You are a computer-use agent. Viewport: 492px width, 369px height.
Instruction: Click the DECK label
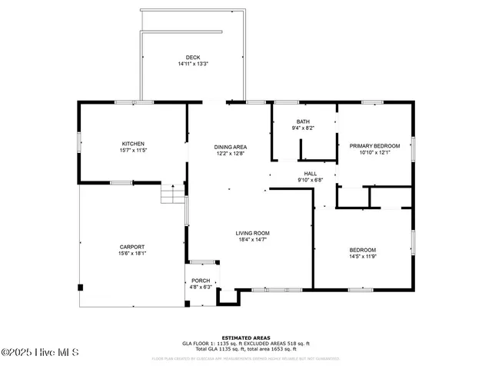193,58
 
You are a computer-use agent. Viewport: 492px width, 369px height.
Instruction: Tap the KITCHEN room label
133,144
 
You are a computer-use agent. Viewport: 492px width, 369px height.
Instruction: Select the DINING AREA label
230,147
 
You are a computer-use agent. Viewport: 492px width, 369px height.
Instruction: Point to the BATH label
303,122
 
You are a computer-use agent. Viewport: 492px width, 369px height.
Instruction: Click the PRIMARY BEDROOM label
374,145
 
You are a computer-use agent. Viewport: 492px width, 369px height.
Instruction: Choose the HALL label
310,174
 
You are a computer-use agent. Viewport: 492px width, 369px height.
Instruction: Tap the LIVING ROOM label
252,233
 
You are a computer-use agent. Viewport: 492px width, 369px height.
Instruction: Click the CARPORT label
132,247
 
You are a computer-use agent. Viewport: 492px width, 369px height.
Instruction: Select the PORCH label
201,281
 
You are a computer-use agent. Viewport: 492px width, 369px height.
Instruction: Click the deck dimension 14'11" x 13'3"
193,64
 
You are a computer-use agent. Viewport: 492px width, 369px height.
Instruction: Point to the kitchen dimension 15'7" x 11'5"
133,151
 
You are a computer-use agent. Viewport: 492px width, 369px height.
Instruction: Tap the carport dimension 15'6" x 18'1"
132,253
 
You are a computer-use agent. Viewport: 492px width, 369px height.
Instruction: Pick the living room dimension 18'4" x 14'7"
252,239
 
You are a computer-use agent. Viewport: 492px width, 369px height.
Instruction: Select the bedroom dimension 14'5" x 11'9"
363,256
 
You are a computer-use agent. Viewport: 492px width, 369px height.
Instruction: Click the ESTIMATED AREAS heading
245,337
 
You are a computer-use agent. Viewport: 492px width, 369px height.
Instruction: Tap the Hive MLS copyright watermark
39,353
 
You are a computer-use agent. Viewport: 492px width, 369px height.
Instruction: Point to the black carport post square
80,288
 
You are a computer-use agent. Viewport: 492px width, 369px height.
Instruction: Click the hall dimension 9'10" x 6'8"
310,180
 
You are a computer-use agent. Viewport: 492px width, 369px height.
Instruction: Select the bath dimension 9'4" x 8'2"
303,129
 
